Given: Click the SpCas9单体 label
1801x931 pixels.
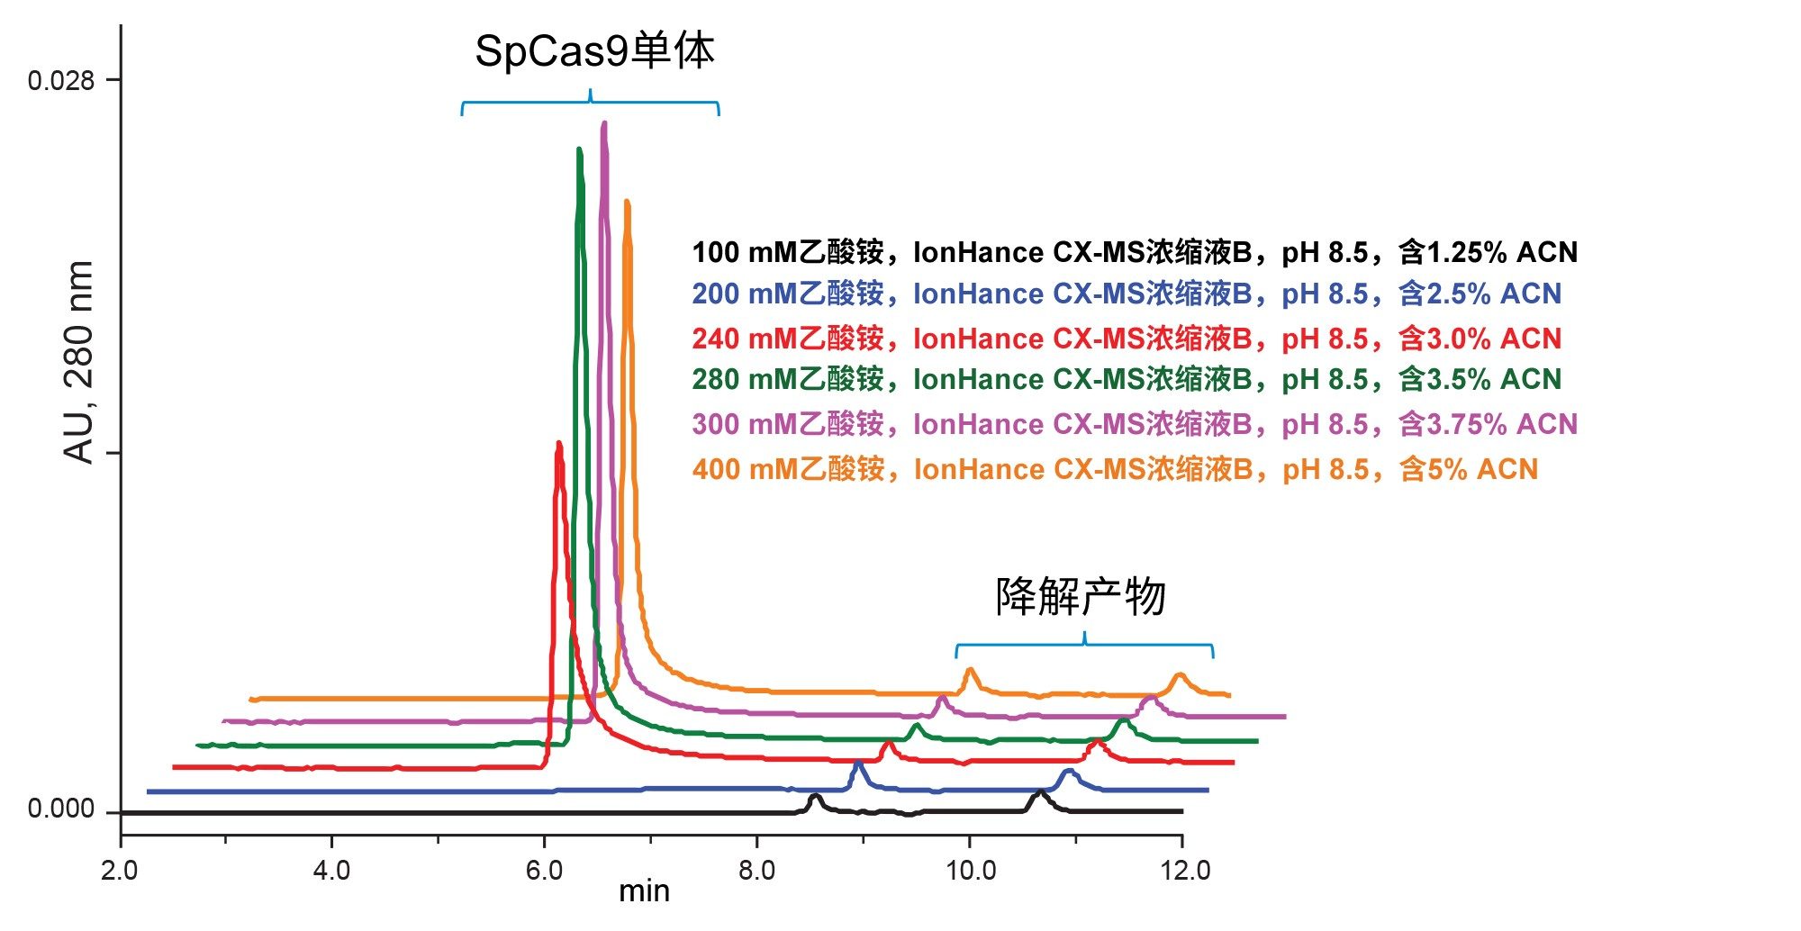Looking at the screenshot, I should click(x=594, y=51).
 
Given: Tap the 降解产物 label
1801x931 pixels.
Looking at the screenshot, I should click(x=1081, y=597).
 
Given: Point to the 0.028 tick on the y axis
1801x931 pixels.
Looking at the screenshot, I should click(x=60, y=81).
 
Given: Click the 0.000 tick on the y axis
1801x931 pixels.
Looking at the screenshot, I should click(x=60, y=809).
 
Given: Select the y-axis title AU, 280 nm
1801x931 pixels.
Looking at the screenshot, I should click(x=79, y=362).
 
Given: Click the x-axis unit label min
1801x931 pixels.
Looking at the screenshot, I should click(x=644, y=891).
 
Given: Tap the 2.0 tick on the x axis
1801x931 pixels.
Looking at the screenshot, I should click(x=120, y=870).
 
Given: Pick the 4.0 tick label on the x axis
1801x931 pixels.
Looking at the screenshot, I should click(x=331, y=870).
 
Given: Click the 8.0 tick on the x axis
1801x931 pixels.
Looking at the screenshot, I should click(x=756, y=870).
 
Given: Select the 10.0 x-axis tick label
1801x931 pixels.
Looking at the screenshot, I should click(x=969, y=870).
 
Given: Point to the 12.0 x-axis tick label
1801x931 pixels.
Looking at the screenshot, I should click(x=1181, y=870).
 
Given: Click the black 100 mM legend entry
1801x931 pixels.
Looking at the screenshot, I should click(x=1135, y=252).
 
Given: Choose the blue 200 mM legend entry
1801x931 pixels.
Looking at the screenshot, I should click(x=1127, y=294).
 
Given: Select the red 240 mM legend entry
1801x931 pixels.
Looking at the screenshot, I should click(x=1127, y=339).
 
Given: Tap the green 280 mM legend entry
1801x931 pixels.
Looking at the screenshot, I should click(x=1127, y=380).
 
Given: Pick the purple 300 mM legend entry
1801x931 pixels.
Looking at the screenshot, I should click(x=1135, y=424).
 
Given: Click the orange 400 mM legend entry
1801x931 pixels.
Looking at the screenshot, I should click(x=1115, y=469).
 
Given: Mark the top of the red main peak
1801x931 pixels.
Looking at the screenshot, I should click(x=559, y=443).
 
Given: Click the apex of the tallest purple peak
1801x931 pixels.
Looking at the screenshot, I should click(x=604, y=123).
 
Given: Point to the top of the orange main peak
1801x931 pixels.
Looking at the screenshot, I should click(x=627, y=202).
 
